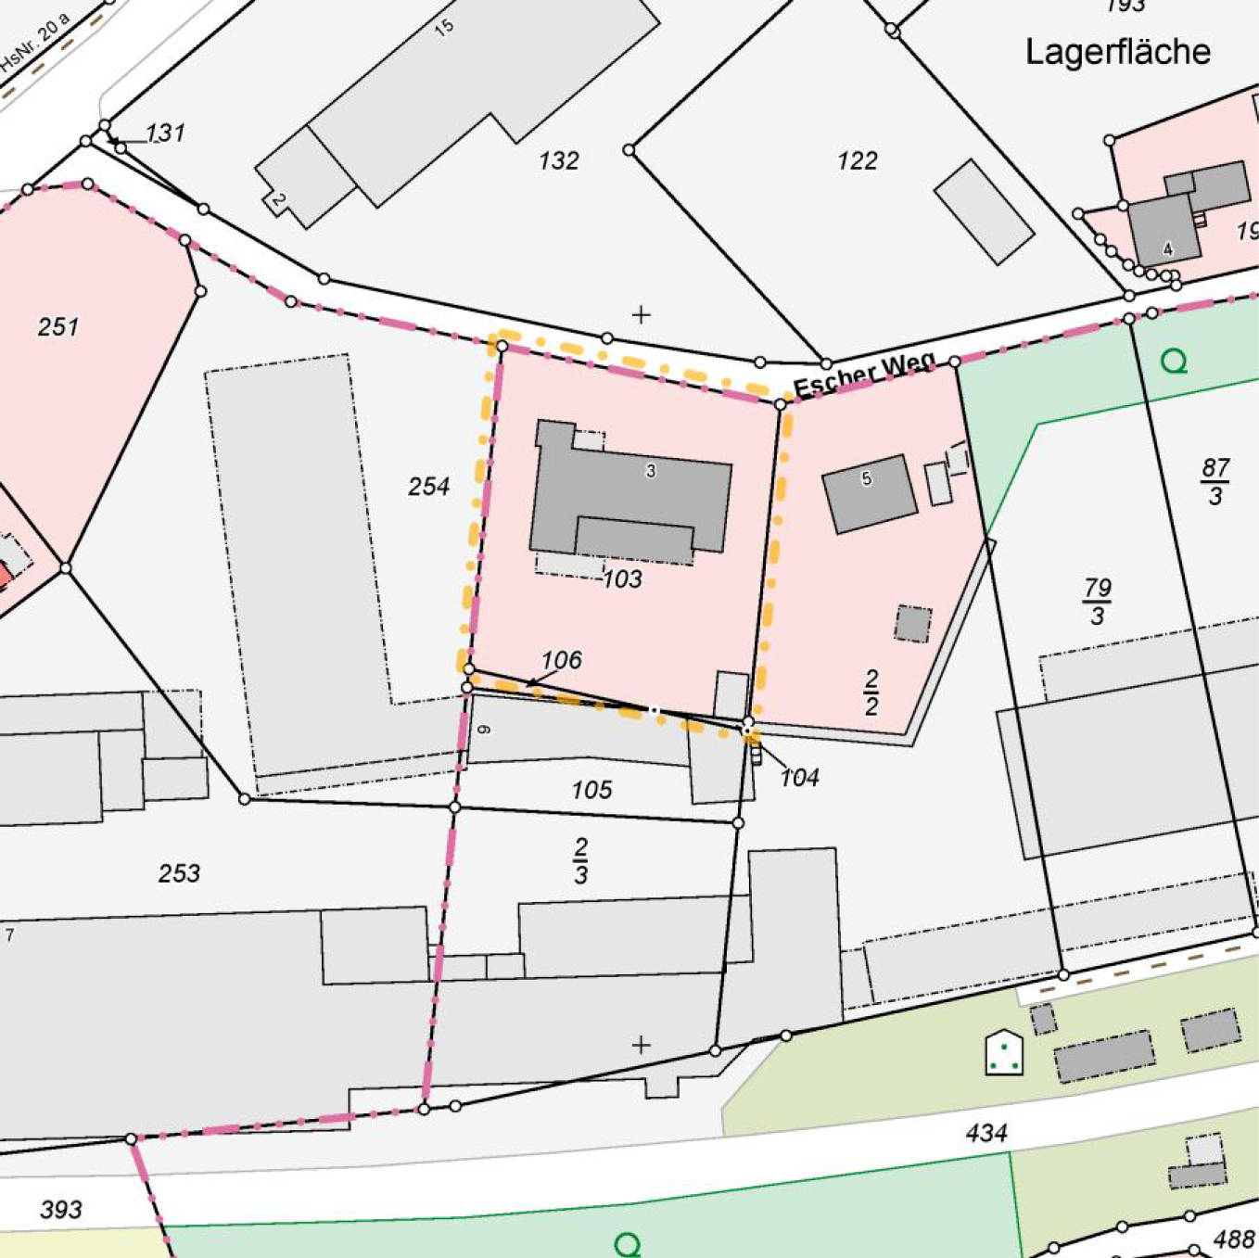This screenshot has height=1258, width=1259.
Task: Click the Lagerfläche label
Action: click(x=1117, y=52)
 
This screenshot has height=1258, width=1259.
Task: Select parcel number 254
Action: click(x=428, y=487)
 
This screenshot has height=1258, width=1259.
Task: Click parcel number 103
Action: click(x=622, y=579)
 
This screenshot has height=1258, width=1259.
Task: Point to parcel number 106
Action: click(x=561, y=660)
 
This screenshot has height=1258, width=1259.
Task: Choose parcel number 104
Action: click(x=799, y=778)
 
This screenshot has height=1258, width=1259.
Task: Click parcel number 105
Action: click(x=591, y=790)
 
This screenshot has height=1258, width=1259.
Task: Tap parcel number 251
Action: click(x=57, y=326)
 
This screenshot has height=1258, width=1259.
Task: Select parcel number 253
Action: click(x=179, y=873)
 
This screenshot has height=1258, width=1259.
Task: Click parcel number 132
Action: click(x=558, y=161)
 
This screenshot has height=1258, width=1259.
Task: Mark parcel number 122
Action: click(x=857, y=161)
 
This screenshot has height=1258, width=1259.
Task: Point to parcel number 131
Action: click(x=165, y=133)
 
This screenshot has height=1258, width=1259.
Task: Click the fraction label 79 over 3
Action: click(x=1098, y=602)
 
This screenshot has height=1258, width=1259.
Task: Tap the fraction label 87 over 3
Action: click(x=1215, y=481)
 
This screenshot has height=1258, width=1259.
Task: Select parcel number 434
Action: click(x=986, y=1133)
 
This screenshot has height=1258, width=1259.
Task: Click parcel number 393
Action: click(x=61, y=1209)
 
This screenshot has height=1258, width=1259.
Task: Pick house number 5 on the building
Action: click(x=866, y=479)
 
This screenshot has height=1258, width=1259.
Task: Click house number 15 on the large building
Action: click(x=444, y=27)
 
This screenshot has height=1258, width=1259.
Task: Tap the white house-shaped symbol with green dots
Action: click(x=1004, y=1053)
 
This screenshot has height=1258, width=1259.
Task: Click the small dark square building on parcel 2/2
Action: click(x=912, y=624)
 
